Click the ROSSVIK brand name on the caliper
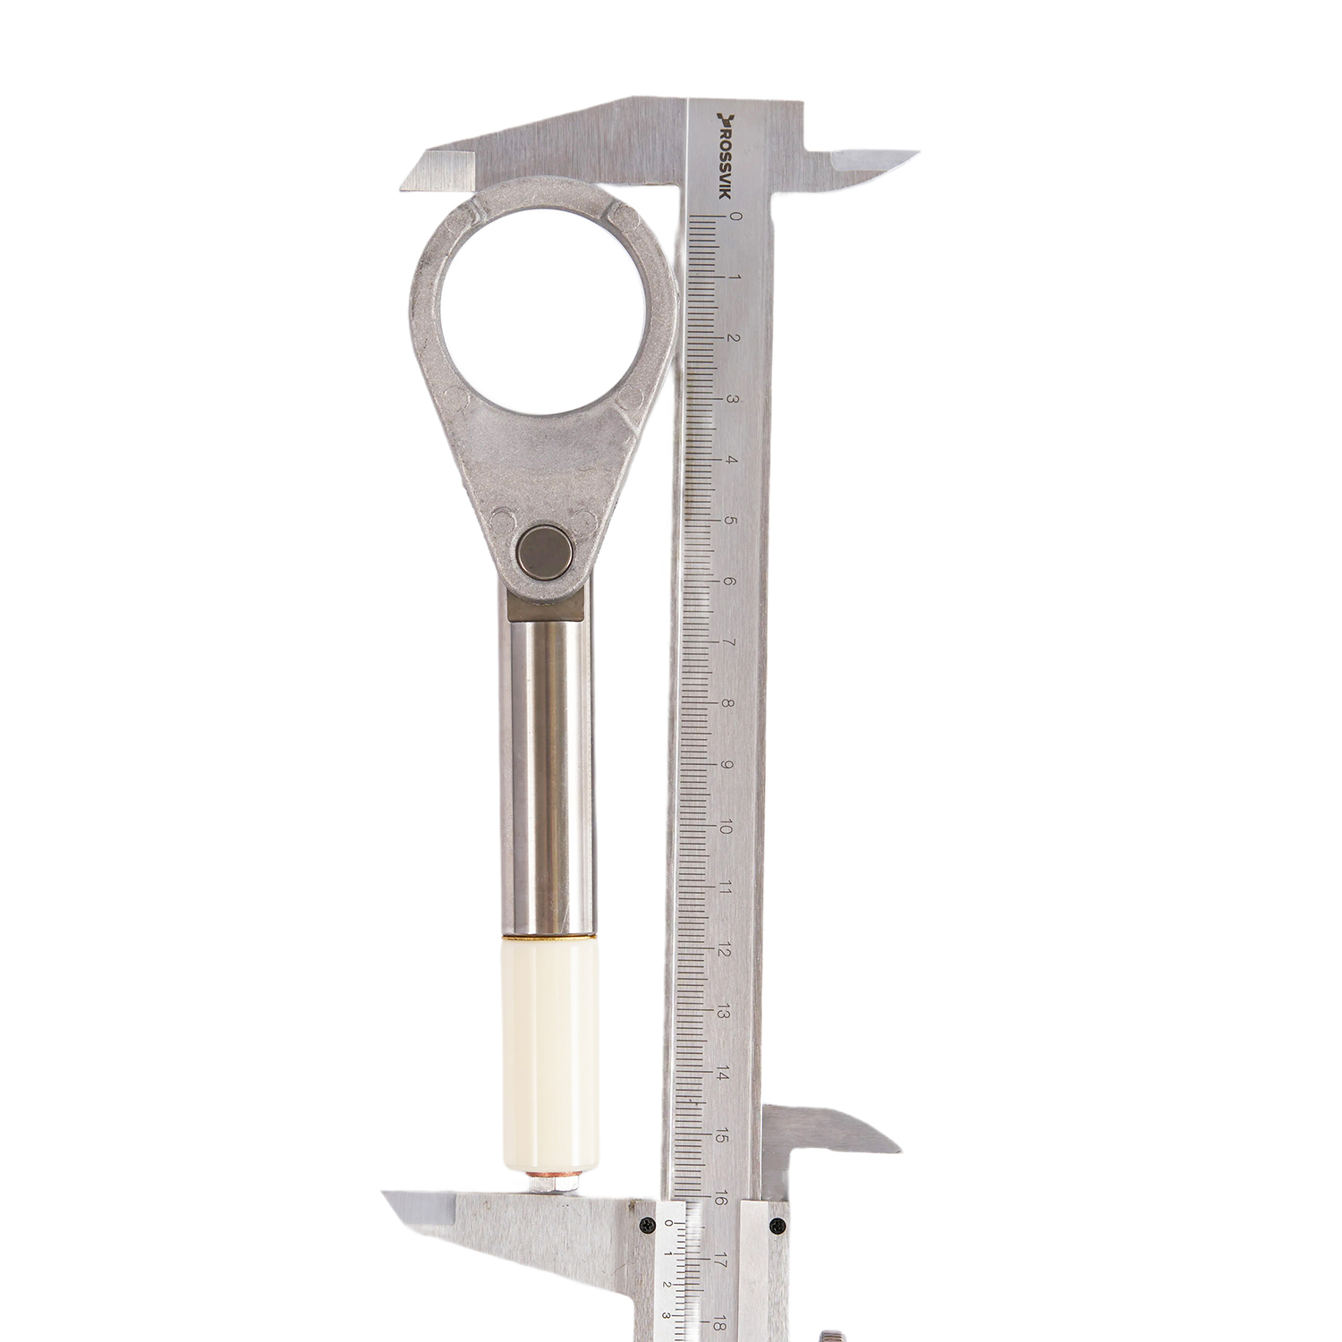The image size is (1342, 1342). click(x=725, y=155)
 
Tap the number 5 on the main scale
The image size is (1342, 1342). click(x=731, y=521)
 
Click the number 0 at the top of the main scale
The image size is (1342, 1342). click(x=735, y=216)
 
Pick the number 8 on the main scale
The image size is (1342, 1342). click(x=727, y=703)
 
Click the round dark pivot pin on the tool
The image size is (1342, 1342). click(x=546, y=551)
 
